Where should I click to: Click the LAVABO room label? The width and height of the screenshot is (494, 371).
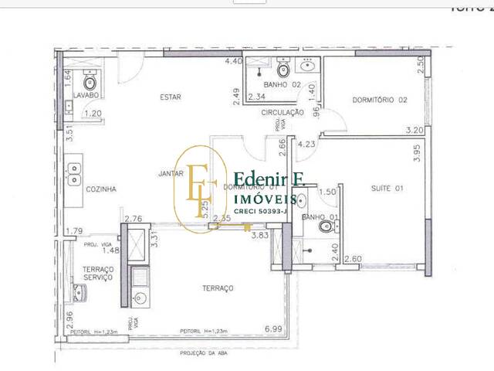pyautogui.click(x=87, y=95)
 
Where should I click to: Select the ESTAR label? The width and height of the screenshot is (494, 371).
pyautogui.click(x=170, y=97)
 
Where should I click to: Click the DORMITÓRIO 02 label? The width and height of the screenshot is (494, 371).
pyautogui.click(x=379, y=100)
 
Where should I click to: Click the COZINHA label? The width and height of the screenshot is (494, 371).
pyautogui.click(x=101, y=189)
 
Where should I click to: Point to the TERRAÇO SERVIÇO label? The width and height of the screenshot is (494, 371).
pyautogui.click(x=98, y=272)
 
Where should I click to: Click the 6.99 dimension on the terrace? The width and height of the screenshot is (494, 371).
pyautogui.click(x=272, y=329)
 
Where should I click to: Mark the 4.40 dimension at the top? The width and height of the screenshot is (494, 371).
pyautogui.click(x=234, y=61)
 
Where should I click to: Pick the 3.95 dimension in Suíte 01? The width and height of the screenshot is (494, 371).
pyautogui.click(x=416, y=154)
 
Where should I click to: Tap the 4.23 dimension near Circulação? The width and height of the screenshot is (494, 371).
pyautogui.click(x=306, y=144)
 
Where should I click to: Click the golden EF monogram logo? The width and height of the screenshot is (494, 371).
pyautogui.click(x=200, y=183)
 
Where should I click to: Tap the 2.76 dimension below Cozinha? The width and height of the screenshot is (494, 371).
pyautogui.click(x=134, y=220)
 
